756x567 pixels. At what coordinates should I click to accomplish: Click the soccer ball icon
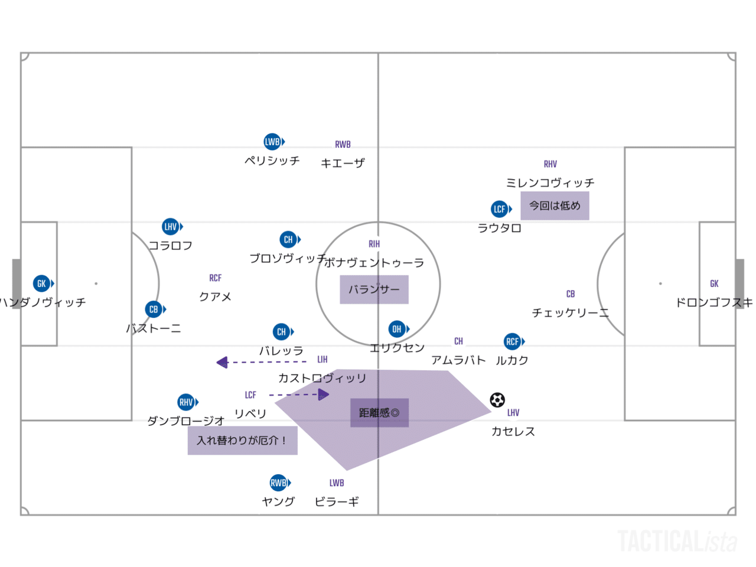497,400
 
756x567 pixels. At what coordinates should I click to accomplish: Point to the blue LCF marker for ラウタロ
500,209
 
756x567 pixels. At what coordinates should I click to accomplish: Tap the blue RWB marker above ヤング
279,483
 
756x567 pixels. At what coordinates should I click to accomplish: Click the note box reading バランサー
374,289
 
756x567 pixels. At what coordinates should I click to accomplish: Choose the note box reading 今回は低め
555,206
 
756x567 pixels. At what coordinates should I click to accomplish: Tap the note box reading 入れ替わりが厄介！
242,441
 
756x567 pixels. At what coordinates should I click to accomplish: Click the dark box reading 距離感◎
379,413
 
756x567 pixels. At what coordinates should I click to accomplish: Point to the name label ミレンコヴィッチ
550,183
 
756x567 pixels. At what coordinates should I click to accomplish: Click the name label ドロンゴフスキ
714,302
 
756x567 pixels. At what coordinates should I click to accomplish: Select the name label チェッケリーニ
570,312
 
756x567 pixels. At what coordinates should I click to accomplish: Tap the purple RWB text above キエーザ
343,145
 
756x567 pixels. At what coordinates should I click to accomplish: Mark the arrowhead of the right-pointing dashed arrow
324,395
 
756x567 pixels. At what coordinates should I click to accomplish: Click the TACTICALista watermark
677,541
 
